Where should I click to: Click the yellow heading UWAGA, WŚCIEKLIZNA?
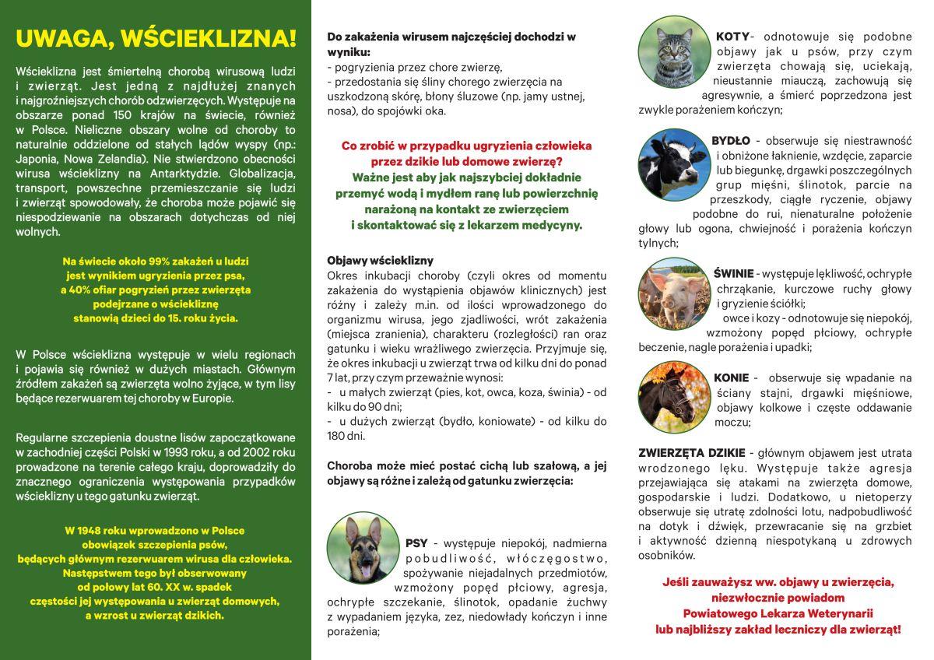click(x=156, y=38)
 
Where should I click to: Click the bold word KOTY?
click(x=732, y=37)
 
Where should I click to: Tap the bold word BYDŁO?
click(x=731, y=141)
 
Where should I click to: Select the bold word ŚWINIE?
click(x=733, y=274)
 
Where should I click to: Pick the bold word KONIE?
click(x=731, y=378)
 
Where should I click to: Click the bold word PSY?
click(x=416, y=542)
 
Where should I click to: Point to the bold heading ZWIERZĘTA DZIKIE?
click(x=692, y=453)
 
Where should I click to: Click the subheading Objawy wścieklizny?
click(x=381, y=261)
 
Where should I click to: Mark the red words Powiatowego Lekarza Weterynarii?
click(x=778, y=613)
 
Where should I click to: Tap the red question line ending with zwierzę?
click(x=466, y=162)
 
